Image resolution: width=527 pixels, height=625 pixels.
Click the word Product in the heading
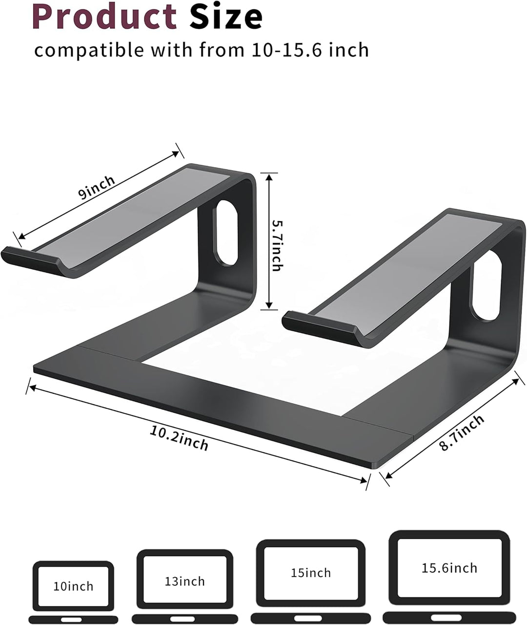104,17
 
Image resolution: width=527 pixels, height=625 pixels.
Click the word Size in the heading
226,17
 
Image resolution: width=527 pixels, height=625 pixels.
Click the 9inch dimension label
98,187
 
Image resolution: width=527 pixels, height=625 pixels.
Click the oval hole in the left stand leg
226,233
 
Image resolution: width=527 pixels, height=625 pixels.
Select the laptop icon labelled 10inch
73,590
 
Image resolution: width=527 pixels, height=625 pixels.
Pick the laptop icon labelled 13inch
184,584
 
